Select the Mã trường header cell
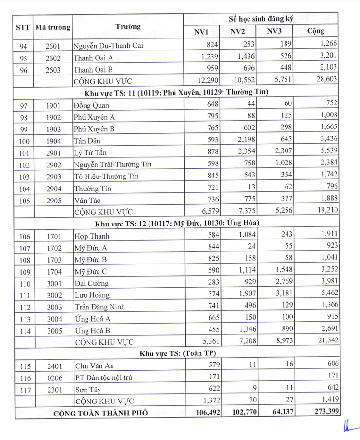pos(52,27)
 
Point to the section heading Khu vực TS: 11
pos(181,92)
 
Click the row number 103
pos(24,177)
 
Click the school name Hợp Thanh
pos(92,236)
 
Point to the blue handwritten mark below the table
pos(346,427)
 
